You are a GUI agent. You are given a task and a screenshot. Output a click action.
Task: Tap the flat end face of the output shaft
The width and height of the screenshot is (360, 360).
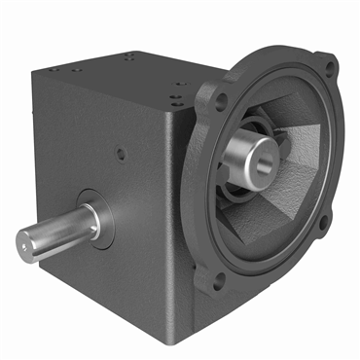26,240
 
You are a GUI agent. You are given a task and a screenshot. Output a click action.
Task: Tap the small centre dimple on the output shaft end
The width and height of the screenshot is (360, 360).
26,240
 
